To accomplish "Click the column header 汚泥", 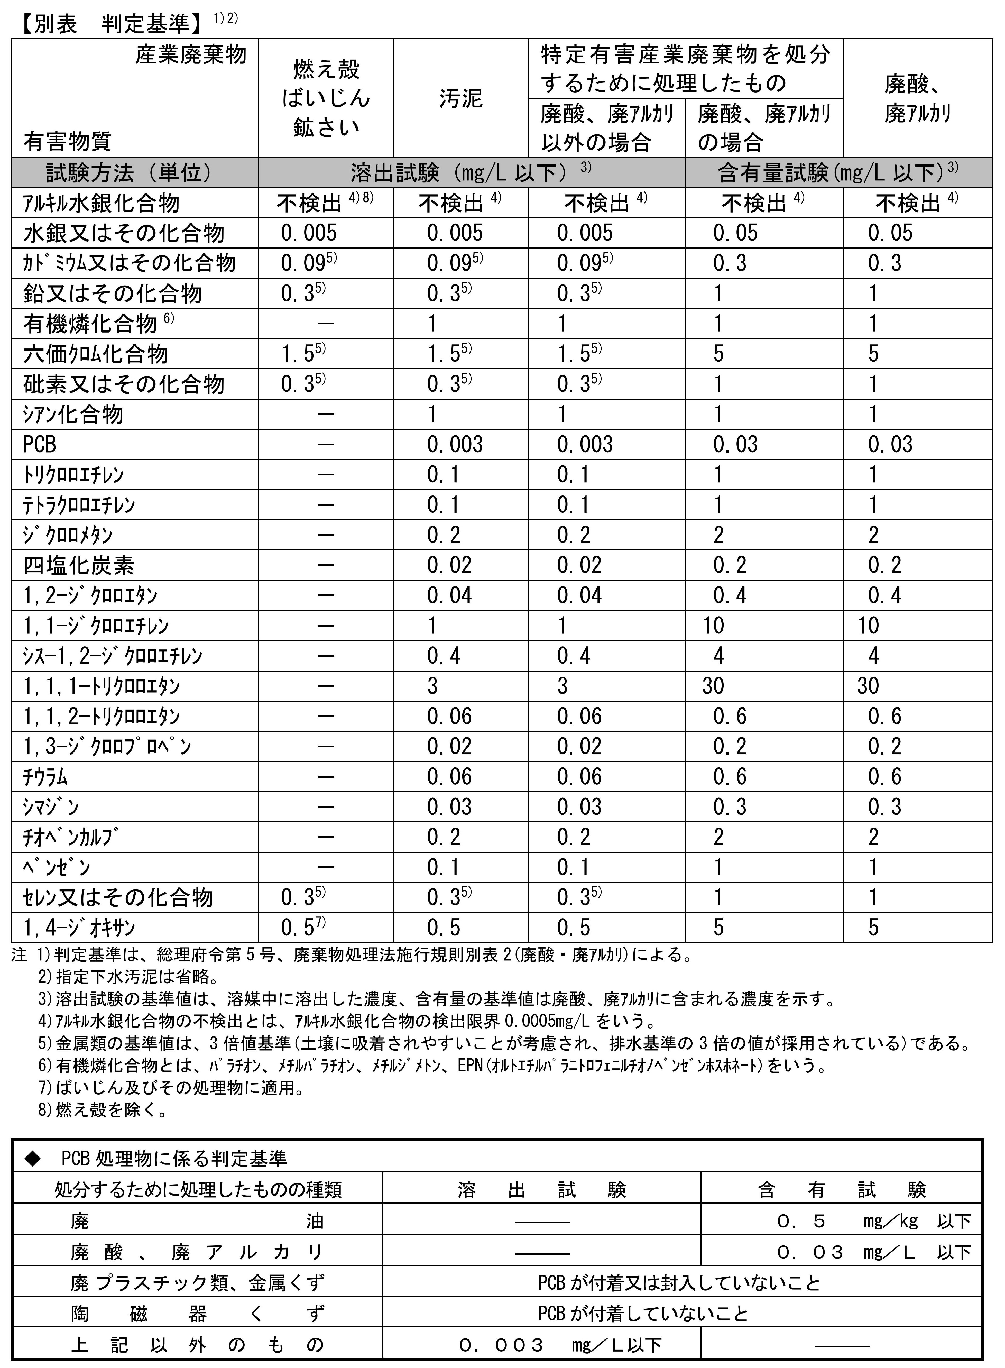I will [460, 98].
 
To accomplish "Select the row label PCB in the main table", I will [40, 445].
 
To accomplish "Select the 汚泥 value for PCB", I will [454, 445].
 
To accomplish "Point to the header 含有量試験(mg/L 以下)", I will [838, 173].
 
